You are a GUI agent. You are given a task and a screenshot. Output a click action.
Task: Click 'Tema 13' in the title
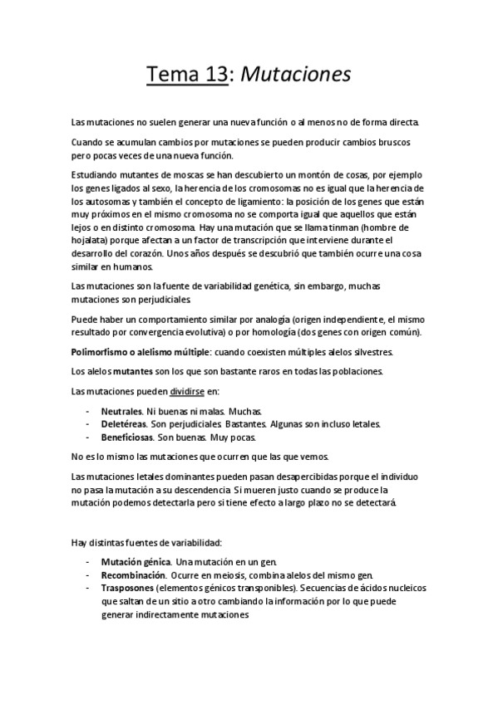pyautogui.click(x=186, y=75)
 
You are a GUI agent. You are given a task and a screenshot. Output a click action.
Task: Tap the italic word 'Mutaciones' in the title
pyautogui.click(x=296, y=75)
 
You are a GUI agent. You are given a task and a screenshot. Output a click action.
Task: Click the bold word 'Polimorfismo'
pyautogui.click(x=102, y=353)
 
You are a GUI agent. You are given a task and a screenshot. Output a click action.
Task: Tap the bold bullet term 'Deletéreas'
pyautogui.click(x=125, y=423)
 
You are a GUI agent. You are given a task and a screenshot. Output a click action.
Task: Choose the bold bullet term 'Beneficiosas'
pyautogui.click(x=129, y=437)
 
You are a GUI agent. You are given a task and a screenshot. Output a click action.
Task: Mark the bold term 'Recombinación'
pyautogui.click(x=132, y=575)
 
